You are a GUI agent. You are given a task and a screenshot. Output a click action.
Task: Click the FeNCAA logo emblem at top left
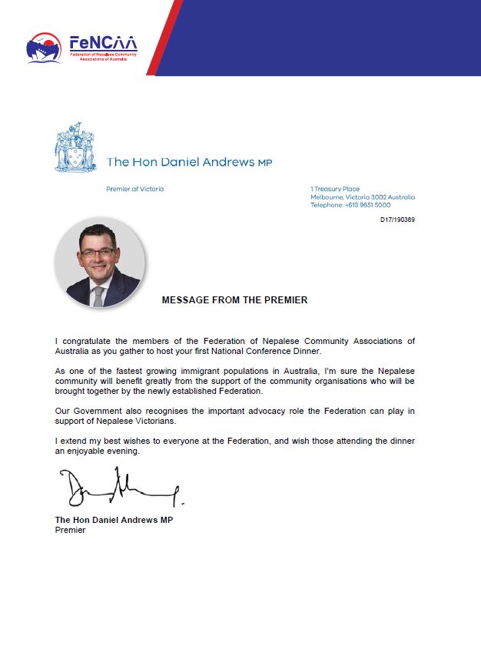click(x=44, y=48)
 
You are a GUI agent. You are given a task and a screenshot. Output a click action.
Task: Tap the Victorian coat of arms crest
click(x=77, y=147)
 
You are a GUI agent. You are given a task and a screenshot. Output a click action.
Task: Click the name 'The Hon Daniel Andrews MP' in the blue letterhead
click(x=189, y=162)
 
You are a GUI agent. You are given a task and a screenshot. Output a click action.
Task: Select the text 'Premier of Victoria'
click(x=135, y=189)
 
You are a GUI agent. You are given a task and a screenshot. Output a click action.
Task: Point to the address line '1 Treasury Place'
click(x=335, y=189)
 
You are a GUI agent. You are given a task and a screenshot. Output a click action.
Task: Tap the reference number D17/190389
click(x=397, y=220)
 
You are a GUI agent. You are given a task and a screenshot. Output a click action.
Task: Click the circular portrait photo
click(x=100, y=266)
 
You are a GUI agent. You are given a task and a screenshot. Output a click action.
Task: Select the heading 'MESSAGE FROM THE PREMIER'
click(x=234, y=300)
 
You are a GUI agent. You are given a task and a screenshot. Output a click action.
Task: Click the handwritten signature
click(x=119, y=489)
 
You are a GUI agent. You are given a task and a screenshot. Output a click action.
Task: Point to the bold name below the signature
click(x=114, y=520)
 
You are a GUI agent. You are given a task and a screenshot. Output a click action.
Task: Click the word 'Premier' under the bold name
click(x=71, y=530)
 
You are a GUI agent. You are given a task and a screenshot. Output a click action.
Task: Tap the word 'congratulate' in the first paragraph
click(x=88, y=340)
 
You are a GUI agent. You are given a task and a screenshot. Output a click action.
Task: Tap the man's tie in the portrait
click(x=98, y=296)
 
